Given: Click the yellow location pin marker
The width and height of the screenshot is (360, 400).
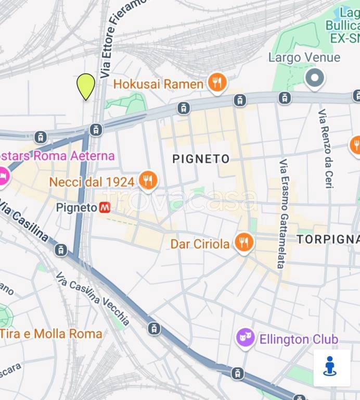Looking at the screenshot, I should [x=86, y=85].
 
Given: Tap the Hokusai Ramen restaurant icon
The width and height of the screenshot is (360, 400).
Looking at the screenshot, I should [x=217, y=82].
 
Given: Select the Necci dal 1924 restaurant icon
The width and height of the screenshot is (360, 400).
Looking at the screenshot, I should [x=148, y=180].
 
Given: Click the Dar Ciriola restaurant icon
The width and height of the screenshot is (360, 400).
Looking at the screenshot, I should [x=243, y=242].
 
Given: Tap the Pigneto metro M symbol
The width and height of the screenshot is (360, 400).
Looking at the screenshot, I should [x=105, y=207].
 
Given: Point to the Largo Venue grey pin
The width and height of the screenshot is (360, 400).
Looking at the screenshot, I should [x=314, y=79].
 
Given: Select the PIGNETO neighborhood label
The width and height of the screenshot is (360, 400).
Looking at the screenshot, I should [x=201, y=159].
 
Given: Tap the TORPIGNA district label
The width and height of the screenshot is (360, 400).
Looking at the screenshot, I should [x=328, y=239].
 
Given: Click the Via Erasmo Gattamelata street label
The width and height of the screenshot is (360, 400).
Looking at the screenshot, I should [x=283, y=214].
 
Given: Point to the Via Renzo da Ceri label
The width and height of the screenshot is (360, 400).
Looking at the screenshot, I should [x=326, y=148].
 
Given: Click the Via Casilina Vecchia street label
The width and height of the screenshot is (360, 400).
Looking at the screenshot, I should [x=93, y=298].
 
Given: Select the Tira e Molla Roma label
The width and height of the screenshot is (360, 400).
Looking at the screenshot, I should [x=51, y=333].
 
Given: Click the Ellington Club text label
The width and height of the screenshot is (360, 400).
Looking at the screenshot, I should [x=299, y=340].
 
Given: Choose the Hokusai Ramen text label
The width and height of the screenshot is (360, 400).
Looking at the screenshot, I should [x=158, y=84].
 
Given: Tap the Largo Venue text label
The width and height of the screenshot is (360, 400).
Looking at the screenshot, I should [x=304, y=57].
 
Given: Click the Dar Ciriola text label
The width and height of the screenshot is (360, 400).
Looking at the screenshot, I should [x=200, y=244].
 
